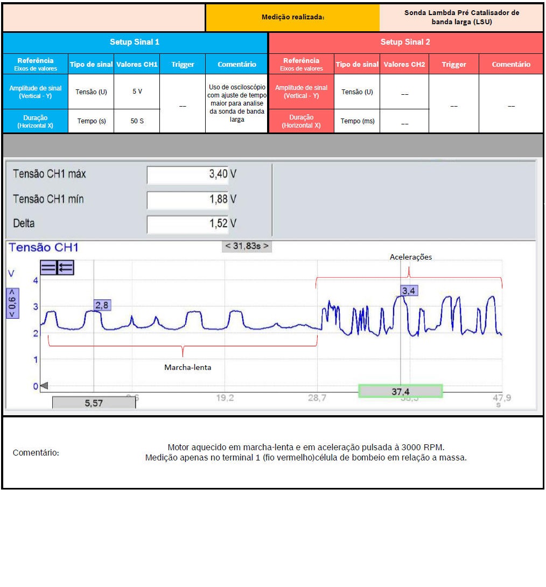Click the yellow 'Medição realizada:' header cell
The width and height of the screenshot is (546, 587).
point(292,17)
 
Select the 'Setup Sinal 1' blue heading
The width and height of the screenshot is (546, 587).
point(135,42)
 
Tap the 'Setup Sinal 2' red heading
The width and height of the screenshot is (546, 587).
point(405,42)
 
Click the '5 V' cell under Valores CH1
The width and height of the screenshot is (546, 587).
point(137,92)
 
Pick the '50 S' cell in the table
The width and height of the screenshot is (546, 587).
point(137,121)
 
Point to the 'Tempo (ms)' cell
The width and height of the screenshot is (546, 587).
point(357,121)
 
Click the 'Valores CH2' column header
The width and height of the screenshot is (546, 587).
point(404,65)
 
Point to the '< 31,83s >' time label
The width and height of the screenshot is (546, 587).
point(247,246)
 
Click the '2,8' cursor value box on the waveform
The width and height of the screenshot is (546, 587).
point(101,305)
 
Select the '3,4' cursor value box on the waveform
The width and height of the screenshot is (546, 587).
point(409,291)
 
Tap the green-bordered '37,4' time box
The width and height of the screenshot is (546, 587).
point(401,392)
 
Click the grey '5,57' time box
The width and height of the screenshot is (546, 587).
point(94,403)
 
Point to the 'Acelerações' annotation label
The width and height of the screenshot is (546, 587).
point(410,257)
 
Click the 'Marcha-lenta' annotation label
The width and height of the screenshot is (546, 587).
point(187,367)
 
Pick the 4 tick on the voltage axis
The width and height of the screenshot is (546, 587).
point(36,281)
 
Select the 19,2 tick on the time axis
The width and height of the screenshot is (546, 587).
point(225,399)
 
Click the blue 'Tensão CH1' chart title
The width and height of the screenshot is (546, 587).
point(44,247)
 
